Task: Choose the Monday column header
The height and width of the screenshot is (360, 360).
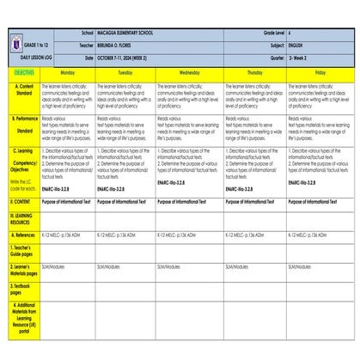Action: [x=67, y=73]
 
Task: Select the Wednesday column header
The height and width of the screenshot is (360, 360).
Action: [x=189, y=73]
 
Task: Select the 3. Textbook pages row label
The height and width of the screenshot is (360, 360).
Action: [x=23, y=287]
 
